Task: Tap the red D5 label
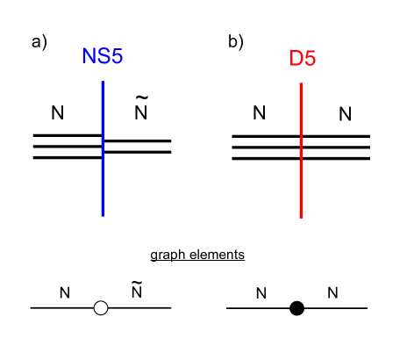click(x=302, y=60)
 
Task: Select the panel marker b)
click(x=236, y=41)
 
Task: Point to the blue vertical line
click(x=103, y=184)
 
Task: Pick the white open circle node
click(x=101, y=308)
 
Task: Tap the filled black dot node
click(x=297, y=308)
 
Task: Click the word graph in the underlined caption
click(x=168, y=256)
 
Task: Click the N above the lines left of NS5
click(x=58, y=112)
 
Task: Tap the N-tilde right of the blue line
click(x=140, y=112)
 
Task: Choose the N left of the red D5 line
click(x=259, y=112)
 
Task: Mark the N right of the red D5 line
click(x=345, y=113)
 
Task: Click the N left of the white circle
click(x=64, y=292)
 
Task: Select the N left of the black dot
click(x=261, y=292)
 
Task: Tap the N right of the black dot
click(x=332, y=292)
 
